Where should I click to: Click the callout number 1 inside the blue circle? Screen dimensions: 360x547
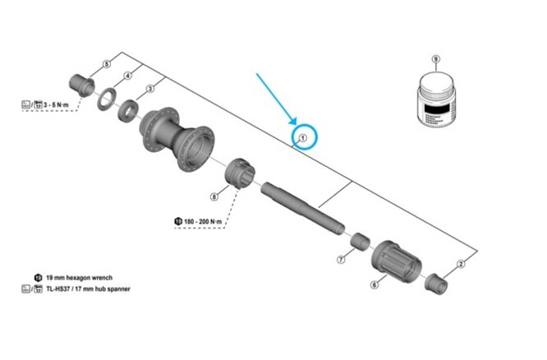[302, 139]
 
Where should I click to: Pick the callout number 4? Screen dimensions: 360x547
[127, 76]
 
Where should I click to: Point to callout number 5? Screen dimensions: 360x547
[106, 63]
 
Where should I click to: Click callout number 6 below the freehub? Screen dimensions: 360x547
[374, 285]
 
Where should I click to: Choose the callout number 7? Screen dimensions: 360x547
[341, 260]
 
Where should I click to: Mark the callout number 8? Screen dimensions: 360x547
[214, 196]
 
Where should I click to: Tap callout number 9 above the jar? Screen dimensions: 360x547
[436, 59]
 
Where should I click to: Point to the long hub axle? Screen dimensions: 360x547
[304, 210]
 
